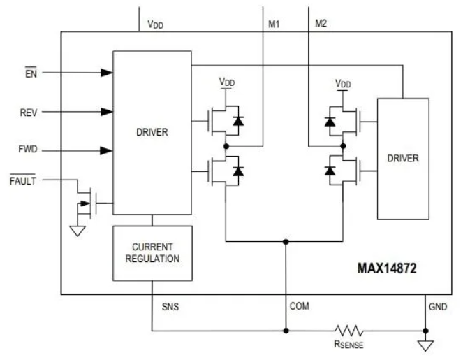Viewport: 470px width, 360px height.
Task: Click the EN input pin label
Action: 31,72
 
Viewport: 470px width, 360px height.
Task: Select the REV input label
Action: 29,113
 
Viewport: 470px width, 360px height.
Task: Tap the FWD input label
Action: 28,149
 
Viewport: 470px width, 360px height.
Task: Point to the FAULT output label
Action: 23,180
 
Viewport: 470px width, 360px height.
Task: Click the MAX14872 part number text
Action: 387,268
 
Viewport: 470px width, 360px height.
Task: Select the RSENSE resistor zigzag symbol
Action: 349,331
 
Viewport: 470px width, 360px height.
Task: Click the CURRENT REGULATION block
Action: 152,253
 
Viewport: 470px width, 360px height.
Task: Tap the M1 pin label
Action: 274,24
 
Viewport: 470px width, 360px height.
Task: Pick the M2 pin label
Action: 321,23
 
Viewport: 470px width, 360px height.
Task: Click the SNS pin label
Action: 170,307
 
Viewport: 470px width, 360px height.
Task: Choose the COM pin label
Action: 300,306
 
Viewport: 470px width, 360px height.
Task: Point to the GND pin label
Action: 438,307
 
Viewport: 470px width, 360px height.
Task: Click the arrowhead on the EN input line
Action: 106,73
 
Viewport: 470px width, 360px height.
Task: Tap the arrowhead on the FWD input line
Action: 106,150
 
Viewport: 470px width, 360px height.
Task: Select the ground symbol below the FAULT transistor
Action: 78,231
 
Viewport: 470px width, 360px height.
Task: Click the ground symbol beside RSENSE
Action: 425,345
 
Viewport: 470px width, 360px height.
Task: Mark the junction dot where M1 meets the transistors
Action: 226,146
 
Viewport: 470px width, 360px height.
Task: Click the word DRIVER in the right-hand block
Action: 403,158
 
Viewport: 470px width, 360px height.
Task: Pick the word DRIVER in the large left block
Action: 152,132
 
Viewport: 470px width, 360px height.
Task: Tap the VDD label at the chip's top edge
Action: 155,24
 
